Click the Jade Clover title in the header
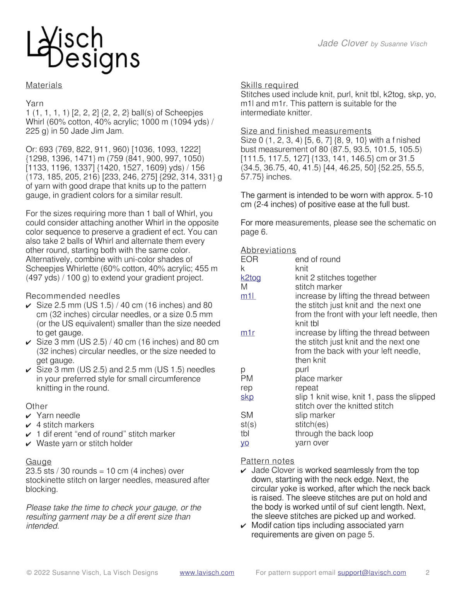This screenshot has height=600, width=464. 343,43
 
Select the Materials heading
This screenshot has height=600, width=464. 44,85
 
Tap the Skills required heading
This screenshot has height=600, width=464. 269,85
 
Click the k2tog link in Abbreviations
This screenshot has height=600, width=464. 250,278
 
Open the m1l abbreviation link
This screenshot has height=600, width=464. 247,296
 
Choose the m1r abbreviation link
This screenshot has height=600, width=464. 247,333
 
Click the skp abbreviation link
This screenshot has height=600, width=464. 247,397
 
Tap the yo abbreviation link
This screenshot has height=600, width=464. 244,443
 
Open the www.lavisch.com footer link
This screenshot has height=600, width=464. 206,573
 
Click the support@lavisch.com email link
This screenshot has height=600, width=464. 372,573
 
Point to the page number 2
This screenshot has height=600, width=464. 427,573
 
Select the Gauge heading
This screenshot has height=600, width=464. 38,462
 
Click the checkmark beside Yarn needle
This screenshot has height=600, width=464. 29,416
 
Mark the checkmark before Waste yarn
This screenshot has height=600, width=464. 29,444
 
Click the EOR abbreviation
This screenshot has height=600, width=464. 249,259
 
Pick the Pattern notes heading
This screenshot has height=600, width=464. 267,461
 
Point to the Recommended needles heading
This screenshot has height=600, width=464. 73,296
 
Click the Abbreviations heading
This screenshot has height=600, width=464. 268,250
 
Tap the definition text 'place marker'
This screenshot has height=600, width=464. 318,379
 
